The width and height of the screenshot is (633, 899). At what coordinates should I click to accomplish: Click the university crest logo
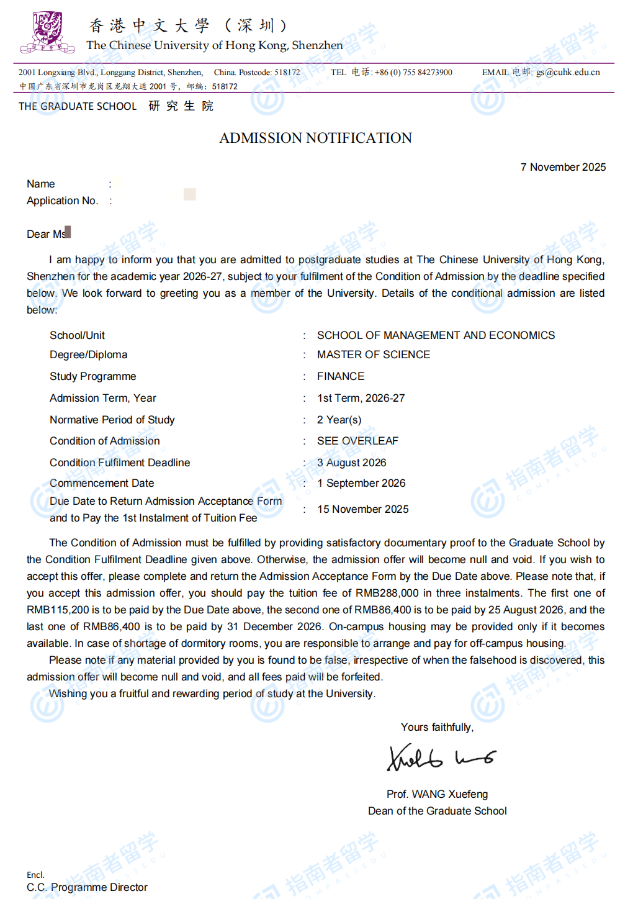[47, 32]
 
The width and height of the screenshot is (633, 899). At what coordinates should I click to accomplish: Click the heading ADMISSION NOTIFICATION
[315, 138]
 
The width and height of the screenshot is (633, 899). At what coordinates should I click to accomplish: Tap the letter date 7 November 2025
[563, 167]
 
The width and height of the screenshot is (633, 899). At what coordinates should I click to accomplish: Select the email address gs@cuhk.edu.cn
[568, 72]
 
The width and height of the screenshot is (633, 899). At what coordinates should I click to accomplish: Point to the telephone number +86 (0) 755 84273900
[413, 72]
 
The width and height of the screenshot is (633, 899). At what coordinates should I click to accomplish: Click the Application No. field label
[62, 201]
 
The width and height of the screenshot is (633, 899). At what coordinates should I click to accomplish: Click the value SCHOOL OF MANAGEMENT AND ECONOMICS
[436, 335]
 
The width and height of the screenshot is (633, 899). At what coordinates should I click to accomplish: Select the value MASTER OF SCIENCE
[374, 355]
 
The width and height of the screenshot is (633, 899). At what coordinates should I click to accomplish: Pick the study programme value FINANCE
[341, 376]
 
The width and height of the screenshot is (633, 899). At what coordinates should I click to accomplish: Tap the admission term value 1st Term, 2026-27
[361, 398]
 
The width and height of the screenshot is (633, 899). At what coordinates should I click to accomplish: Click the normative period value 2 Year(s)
[339, 420]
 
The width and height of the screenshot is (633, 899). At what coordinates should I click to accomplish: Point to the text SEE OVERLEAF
[357, 441]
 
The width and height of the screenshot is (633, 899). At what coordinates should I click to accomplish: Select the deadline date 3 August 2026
[351, 463]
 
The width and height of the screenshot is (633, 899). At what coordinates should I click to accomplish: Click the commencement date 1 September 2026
[361, 483]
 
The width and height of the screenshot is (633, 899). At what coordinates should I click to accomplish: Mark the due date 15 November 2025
[363, 509]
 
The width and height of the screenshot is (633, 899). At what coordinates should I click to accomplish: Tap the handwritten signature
[441, 757]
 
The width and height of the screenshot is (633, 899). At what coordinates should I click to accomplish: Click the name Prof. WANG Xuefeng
[437, 794]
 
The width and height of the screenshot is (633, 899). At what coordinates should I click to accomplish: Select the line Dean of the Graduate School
[437, 811]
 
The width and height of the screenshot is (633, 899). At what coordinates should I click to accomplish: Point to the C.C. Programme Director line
[87, 887]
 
